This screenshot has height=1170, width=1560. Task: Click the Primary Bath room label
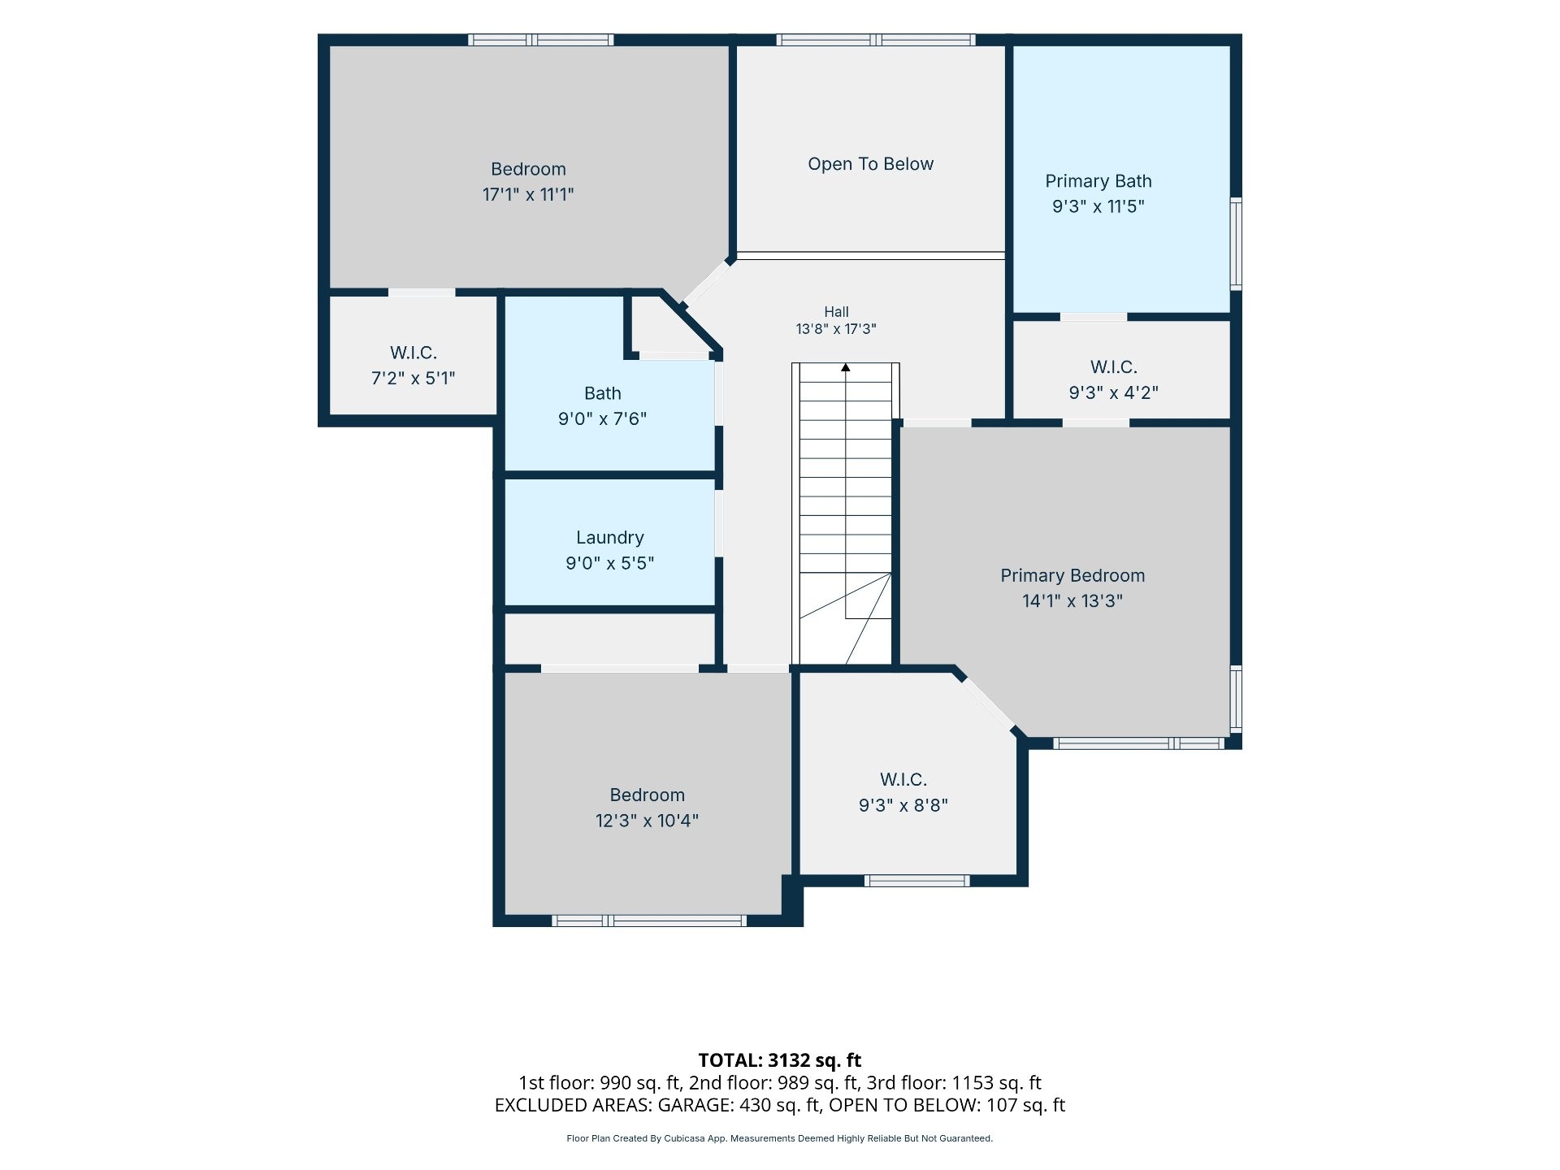pos(1098,181)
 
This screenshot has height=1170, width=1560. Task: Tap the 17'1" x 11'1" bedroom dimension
pos(528,194)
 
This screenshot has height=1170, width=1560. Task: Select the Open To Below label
pos(870,164)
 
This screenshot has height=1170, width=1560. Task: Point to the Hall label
pos(836,312)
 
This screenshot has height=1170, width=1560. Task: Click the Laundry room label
pos(610,538)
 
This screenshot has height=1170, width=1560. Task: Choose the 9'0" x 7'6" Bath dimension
pos(602,418)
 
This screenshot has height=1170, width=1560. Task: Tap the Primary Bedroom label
pos(1072,576)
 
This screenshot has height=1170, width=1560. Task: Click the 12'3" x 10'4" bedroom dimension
pos(647,821)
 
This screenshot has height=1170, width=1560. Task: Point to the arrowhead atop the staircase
pos(846,368)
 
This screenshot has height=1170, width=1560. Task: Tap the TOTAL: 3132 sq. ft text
pos(780,1060)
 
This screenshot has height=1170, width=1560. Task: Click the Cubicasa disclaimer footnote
pos(780,1138)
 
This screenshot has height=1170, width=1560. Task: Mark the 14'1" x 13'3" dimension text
pos(1072,601)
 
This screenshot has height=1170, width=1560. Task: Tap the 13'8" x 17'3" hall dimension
pos(836,329)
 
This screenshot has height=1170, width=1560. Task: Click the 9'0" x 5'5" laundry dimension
pos(610,563)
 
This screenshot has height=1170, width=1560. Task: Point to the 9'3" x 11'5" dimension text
pos(1098,206)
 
